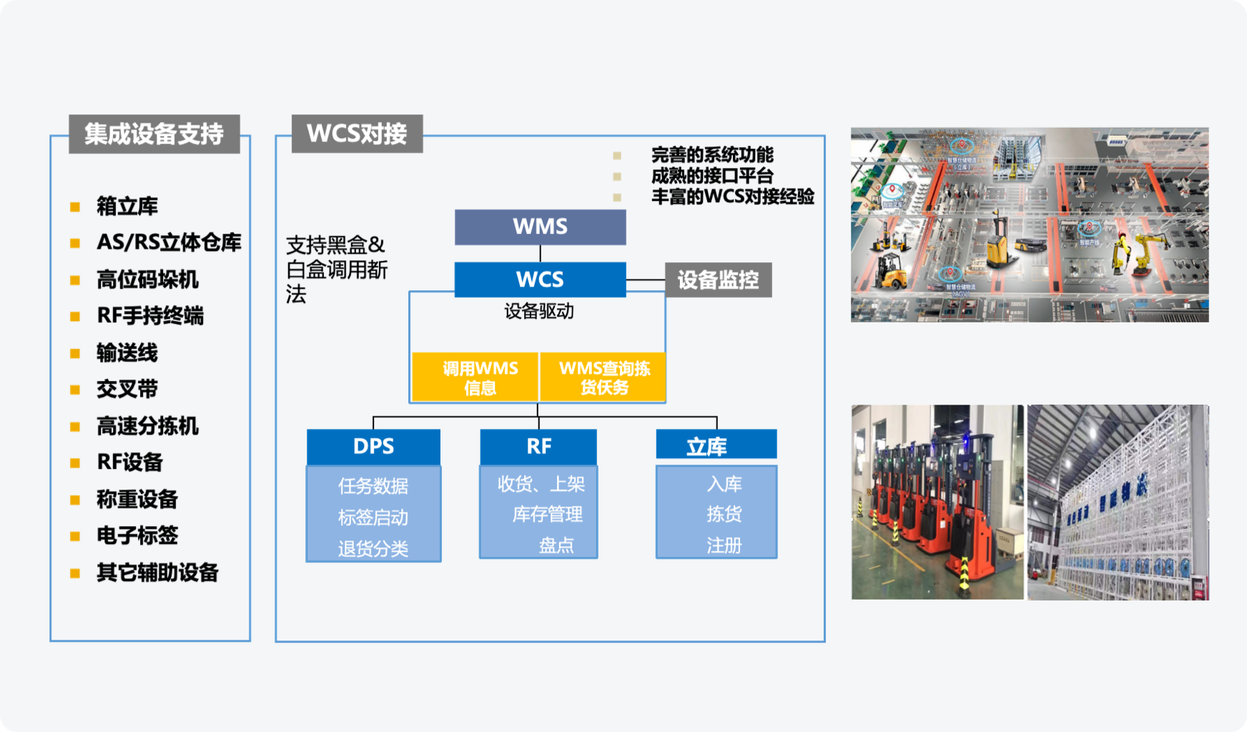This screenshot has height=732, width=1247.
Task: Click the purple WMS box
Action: pyautogui.click(x=540, y=227)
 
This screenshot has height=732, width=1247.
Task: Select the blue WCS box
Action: pyautogui.click(x=540, y=279)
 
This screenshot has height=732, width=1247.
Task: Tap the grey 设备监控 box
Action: pyautogui.click(x=718, y=280)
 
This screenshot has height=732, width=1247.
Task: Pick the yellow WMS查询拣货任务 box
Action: pyautogui.click(x=603, y=377)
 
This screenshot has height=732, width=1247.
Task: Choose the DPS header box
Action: pyautogui.click(x=373, y=446)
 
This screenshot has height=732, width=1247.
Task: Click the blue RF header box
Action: pyautogui.click(x=538, y=446)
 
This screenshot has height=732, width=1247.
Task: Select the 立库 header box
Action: pyautogui.click(x=716, y=445)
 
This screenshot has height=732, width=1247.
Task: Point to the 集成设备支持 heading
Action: pyautogui.click(x=154, y=134)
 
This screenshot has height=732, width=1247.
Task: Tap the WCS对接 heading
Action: pyautogui.click(x=357, y=134)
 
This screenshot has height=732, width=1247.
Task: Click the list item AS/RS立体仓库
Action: pyautogui.click(x=169, y=242)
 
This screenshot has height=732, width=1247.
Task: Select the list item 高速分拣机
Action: pyautogui.click(x=147, y=426)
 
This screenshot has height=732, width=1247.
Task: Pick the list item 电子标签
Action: pyautogui.click(x=137, y=535)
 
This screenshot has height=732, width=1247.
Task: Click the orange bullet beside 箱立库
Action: pyautogui.click(x=75, y=207)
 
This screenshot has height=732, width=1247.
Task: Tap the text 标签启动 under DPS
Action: pyautogui.click(x=373, y=517)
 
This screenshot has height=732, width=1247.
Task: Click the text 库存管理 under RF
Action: pyautogui.click(x=547, y=514)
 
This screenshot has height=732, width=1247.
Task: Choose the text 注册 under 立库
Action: pyautogui.click(x=724, y=545)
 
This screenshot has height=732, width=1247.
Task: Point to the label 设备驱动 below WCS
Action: pyautogui.click(x=538, y=311)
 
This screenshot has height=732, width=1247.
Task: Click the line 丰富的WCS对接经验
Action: pyautogui.click(x=732, y=197)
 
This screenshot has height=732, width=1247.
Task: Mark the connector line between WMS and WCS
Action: pyautogui.click(x=540, y=254)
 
